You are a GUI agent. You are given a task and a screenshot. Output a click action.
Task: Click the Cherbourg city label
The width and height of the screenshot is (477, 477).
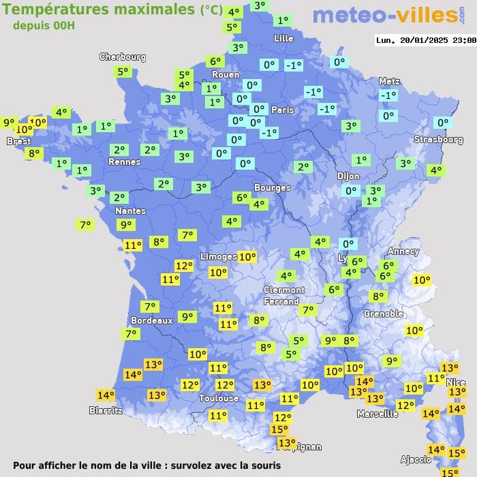pyautogui.click(x=123, y=57)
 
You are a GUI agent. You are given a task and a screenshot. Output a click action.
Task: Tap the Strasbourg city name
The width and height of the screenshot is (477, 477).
pyautogui.click(x=438, y=140)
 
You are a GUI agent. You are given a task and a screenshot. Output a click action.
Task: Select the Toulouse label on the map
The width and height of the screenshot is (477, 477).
pyautogui.click(x=219, y=398)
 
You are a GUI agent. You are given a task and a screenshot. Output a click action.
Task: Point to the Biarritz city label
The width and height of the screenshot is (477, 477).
pyautogui.click(x=106, y=410)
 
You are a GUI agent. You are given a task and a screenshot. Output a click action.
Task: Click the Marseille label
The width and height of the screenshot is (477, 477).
pyautogui.click(x=378, y=414)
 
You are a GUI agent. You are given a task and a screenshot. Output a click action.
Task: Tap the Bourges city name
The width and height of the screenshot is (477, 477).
pyautogui.click(x=272, y=187)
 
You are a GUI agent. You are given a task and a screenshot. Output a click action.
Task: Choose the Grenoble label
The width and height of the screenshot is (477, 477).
pyautogui.click(x=384, y=314)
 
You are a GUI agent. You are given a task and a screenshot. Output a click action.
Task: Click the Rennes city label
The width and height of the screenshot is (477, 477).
pyautogui.click(x=125, y=162)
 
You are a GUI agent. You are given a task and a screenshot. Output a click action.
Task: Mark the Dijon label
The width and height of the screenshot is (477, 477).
pyautogui.click(x=348, y=176)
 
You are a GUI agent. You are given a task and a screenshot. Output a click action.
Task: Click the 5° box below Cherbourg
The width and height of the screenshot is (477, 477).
pyautogui.click(x=123, y=72)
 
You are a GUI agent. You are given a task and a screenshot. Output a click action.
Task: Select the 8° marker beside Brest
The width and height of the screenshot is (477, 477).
pyautogui.click(x=33, y=153)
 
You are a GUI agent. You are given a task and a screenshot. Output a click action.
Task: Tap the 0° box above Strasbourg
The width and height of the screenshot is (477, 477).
pyautogui.click(x=444, y=123)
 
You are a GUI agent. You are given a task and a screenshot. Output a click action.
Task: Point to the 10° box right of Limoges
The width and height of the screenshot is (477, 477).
pyautogui.click(x=247, y=257)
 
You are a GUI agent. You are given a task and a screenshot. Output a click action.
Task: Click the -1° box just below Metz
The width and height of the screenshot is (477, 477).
pyautogui.click(x=388, y=95)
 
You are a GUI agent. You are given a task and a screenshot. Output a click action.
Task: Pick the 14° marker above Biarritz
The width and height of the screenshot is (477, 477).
pyautogui.click(x=132, y=374)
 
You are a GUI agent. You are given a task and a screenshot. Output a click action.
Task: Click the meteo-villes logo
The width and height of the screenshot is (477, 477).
pyautogui.click(x=388, y=16)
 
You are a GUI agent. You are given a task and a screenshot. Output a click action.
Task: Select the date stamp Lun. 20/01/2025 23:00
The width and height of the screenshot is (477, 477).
pyautogui.click(x=426, y=40)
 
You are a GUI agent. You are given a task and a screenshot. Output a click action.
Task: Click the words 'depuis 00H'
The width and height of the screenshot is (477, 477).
pyautogui.click(x=44, y=25)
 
